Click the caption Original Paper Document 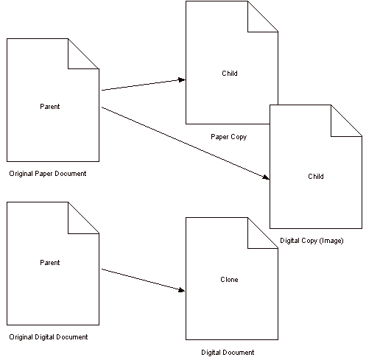click(48, 174)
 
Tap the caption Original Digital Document click(49, 337)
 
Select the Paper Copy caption click(229, 137)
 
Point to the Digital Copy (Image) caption click(312, 241)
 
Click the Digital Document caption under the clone click(228, 353)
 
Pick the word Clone click(229, 280)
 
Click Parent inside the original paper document click(50, 107)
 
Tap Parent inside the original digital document click(50, 263)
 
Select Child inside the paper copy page click(230, 74)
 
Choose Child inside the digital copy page click(316, 177)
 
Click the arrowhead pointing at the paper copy click(182, 80)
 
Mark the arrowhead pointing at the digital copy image click(266, 177)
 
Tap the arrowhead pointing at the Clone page click(182, 290)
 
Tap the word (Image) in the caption click(331, 241)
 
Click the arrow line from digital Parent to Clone click(144, 280)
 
